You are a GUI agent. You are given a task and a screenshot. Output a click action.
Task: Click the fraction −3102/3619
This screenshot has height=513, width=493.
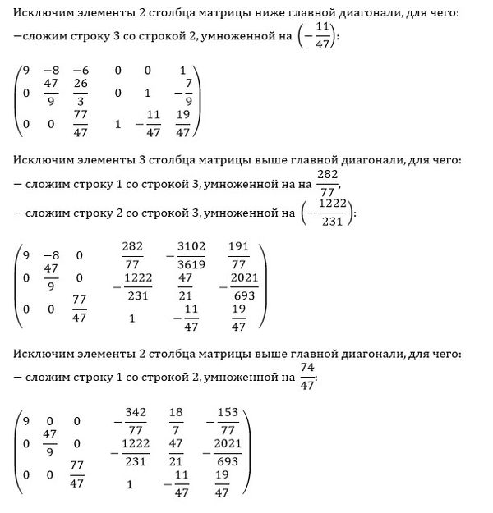pos(191,256)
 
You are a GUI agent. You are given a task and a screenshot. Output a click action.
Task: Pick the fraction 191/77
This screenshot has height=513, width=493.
pos(239,256)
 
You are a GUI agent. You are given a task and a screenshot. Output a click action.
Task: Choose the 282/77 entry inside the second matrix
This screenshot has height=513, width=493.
pos(131,256)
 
